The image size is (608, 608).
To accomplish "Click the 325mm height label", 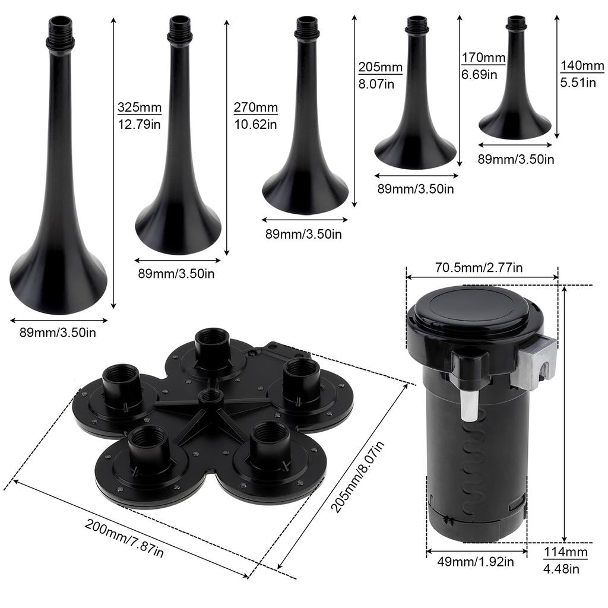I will [x=139, y=107].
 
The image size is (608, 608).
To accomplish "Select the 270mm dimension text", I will [x=255, y=107].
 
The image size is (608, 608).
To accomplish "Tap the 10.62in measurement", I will [x=255, y=125].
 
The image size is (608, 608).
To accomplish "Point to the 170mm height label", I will [x=483, y=58].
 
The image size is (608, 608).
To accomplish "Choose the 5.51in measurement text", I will [x=578, y=83].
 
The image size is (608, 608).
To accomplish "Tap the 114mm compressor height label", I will [x=565, y=553].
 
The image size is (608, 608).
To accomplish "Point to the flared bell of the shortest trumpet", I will [x=515, y=123].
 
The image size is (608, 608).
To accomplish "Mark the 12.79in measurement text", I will [x=139, y=125].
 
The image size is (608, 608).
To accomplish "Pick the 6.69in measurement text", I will [x=479, y=75].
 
